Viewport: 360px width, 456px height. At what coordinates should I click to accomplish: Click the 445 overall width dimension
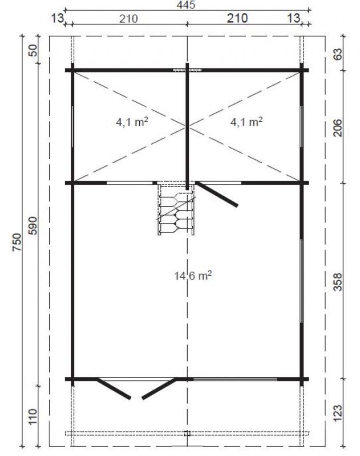[x=187, y=6]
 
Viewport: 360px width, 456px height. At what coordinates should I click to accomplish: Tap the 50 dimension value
[x=33, y=51]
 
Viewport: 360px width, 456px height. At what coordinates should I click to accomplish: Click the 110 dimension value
[x=33, y=416]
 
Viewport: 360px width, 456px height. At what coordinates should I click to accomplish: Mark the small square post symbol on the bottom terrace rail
[x=187, y=433]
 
